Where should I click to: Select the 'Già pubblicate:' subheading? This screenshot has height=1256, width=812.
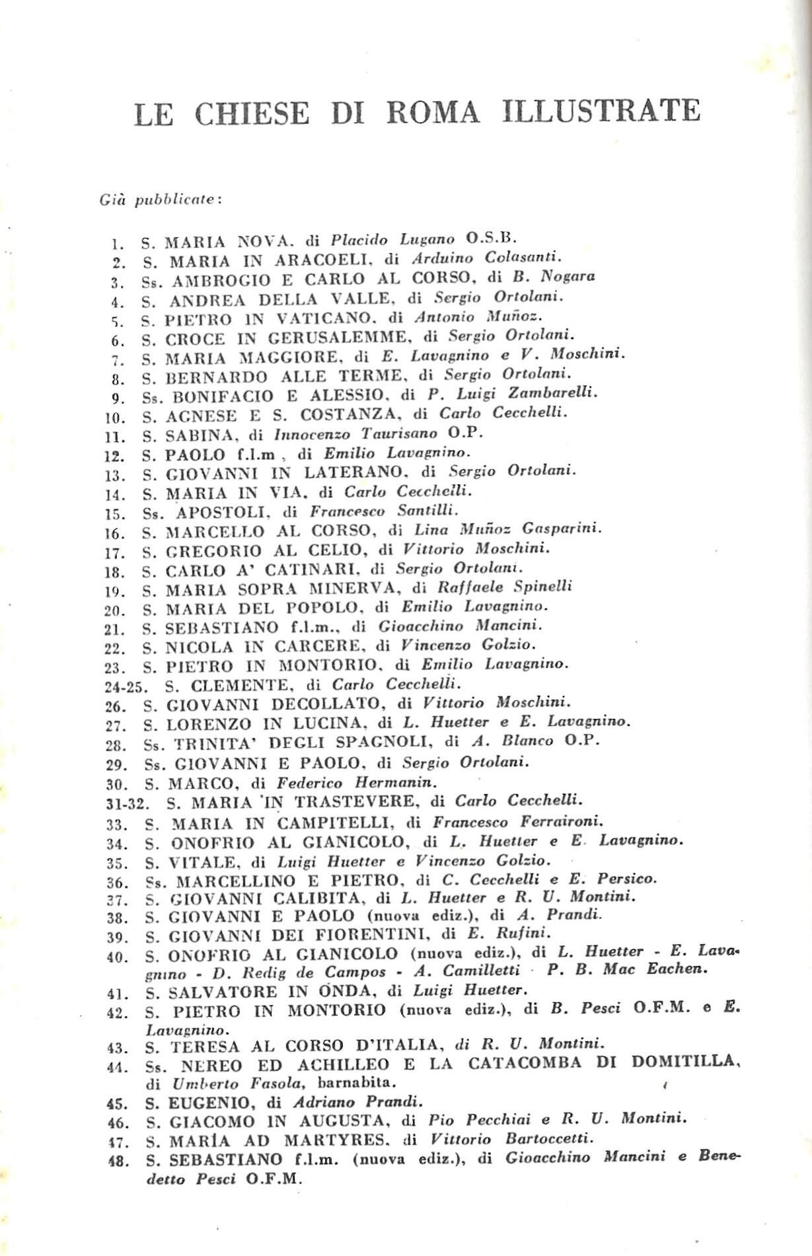(161, 200)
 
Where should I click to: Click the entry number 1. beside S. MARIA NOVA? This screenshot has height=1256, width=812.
(118, 243)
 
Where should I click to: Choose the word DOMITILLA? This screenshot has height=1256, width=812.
(684, 1064)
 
